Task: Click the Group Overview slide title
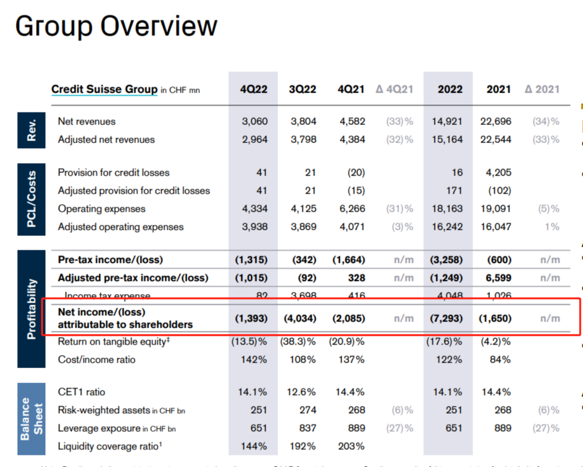[x=116, y=26]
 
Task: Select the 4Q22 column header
[x=254, y=89]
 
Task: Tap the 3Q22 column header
[x=302, y=89]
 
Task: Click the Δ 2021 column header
[x=541, y=89]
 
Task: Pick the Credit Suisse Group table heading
[x=104, y=89]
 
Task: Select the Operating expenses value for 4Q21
[x=351, y=209]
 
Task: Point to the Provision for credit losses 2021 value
[x=496, y=172]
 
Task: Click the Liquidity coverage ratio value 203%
[x=351, y=446]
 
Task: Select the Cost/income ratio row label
[x=97, y=359]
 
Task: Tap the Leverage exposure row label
[x=99, y=428]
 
